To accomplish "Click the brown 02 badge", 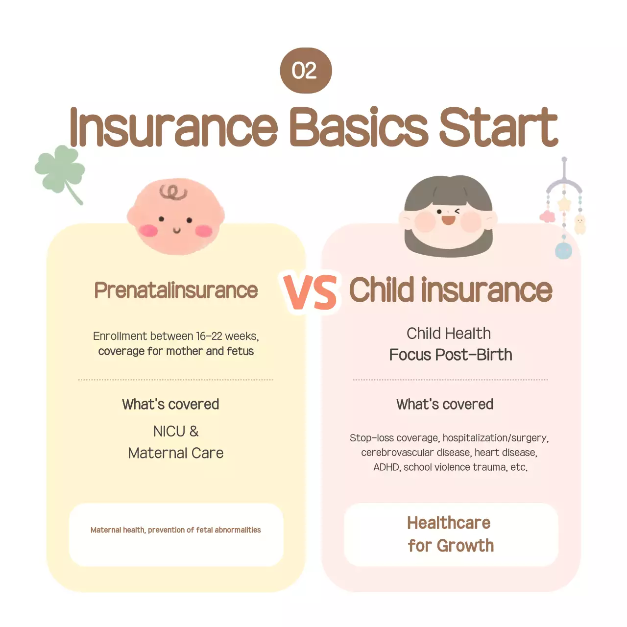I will (306, 71).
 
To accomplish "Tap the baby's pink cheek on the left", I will (147, 229).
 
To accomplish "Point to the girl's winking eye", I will (458, 212).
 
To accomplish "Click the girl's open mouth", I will (448, 220).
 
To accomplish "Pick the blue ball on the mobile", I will (563, 250).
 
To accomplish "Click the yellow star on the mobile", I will (564, 203).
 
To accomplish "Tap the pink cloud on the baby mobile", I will (547, 217).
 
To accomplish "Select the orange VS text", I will (311, 292).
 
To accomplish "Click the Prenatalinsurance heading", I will (176, 290).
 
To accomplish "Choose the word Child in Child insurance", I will (382, 290).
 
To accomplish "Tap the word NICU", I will (169, 432).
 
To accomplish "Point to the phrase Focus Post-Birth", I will (451, 355).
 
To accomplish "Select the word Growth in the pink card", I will (465, 546).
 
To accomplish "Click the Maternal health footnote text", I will (175, 530).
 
